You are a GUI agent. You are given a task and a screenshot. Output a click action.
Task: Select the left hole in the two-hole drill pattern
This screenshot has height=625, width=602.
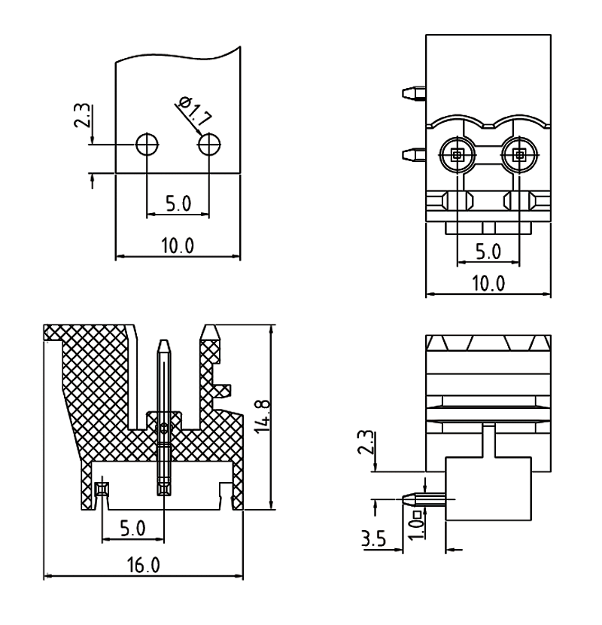coord(146,143)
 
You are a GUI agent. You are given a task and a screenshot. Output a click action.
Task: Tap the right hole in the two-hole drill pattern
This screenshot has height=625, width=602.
coord(208,143)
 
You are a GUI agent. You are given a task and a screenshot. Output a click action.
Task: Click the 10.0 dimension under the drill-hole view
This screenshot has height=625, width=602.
coord(177,246)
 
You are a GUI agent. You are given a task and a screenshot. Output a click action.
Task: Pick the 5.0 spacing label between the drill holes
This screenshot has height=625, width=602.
coord(178,204)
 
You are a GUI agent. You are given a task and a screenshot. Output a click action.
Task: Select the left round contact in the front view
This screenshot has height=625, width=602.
coord(457,156)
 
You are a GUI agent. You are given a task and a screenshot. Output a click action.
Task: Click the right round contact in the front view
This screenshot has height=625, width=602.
coord(519,156)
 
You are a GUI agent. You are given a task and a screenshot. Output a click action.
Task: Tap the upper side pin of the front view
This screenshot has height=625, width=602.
coord(412,93)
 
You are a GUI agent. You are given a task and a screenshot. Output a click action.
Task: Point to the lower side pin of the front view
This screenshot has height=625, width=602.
coord(412,157)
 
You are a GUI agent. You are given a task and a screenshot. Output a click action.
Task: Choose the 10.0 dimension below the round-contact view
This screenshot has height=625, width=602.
coord(488,283)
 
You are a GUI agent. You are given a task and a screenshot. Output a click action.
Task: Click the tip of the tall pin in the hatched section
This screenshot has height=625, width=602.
coord(164,345)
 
